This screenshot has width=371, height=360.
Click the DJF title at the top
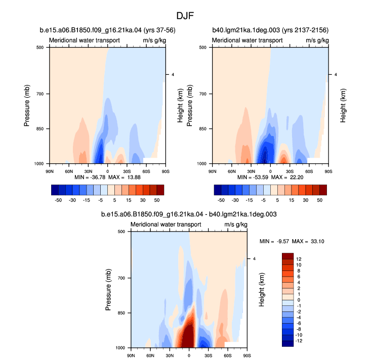(x=185, y=16)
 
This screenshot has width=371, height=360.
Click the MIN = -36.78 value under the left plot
(x=90, y=177)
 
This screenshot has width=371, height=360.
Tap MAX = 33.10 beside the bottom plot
(x=308, y=241)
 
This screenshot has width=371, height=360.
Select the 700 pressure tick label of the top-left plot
(x=40, y=94)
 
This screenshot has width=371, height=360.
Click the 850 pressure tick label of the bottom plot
(x=121, y=313)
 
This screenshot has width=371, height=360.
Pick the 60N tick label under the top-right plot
(x=232, y=171)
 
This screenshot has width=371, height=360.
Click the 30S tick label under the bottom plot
(x=209, y=355)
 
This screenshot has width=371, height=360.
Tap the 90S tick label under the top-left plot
(x=166, y=171)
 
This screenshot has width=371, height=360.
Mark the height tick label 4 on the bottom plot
(x=255, y=258)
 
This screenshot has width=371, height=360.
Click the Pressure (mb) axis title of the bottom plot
(x=108, y=290)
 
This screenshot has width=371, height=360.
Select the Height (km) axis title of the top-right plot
(x=343, y=106)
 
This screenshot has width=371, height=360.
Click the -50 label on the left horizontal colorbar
(x=58, y=200)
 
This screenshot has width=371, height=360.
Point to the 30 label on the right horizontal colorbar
(x=306, y=200)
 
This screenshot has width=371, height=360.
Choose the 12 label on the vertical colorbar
(x=299, y=259)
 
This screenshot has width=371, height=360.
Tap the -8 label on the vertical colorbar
(x=298, y=329)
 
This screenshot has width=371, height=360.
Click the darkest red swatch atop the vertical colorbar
(x=287, y=256)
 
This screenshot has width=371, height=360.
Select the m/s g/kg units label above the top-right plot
(x=317, y=40)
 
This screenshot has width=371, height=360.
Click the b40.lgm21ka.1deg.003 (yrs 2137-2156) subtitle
(x=270, y=30)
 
